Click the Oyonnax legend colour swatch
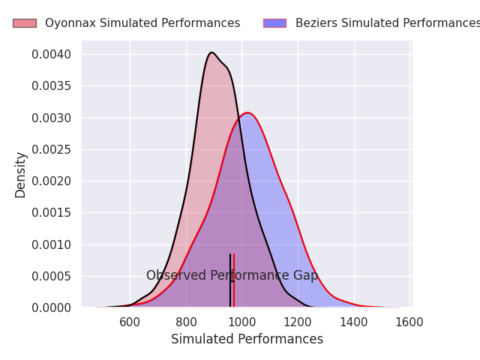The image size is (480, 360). point(24,23)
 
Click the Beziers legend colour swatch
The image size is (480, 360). point(274,23)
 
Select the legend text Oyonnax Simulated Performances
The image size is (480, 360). point(142,23)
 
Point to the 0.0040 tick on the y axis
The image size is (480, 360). point(52,55)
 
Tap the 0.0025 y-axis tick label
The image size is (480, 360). point(52,150)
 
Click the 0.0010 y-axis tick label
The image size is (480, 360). point(52,244)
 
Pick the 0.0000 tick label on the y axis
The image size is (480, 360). point(52,307)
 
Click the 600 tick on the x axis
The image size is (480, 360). point(130,322)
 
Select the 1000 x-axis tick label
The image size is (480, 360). point(241,322)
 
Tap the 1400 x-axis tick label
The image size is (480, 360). point(354,322)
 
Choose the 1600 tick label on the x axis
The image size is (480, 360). point(409,322)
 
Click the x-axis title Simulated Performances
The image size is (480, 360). point(247,339)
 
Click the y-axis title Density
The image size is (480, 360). point(20,175)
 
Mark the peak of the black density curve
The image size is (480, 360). point(211,52)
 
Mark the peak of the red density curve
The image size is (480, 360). point(247,113)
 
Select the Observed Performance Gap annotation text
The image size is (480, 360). point(232,276)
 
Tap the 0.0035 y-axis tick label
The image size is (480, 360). point(52,86)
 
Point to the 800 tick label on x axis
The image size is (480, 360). point(186,322)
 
